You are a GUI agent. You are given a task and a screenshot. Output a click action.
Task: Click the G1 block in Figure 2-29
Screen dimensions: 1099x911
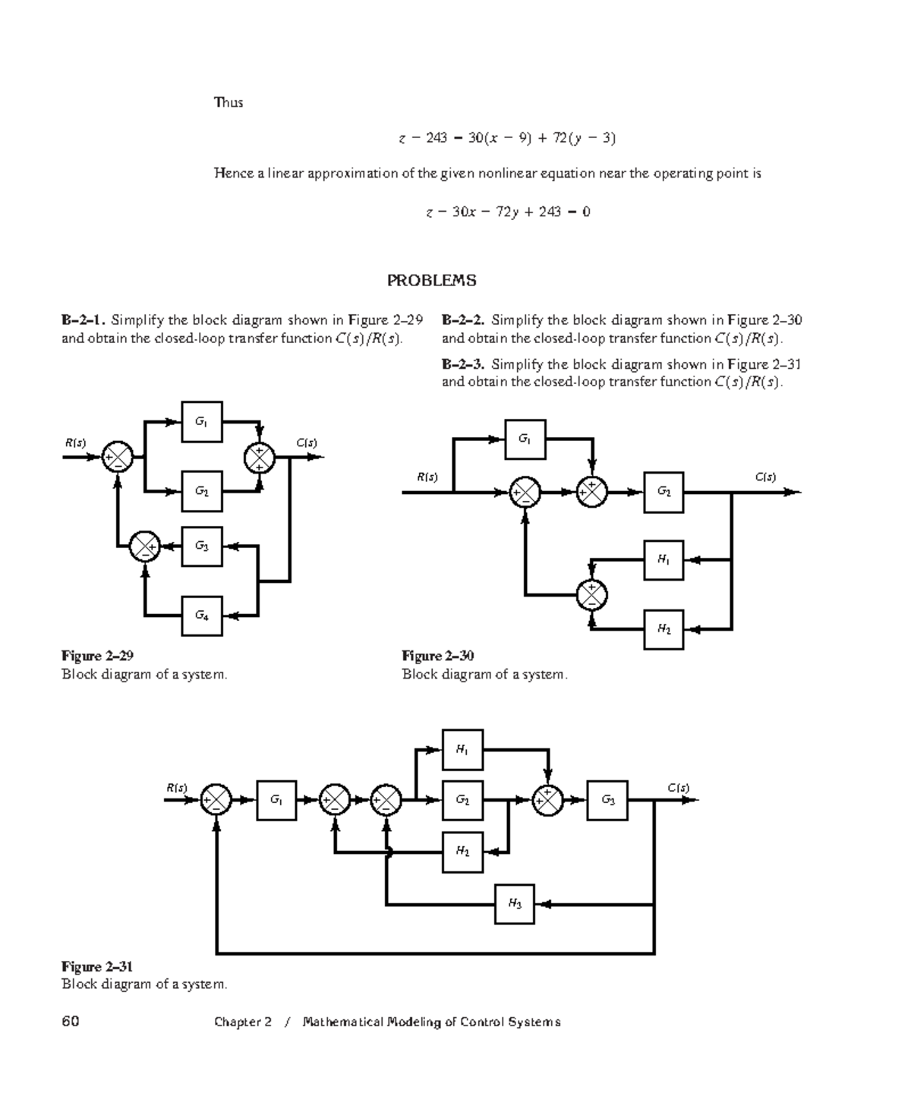pos(202,421)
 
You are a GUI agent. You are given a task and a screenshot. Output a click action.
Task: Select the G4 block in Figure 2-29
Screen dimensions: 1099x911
pos(202,616)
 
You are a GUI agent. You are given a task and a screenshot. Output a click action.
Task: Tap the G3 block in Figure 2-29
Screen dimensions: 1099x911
pos(202,546)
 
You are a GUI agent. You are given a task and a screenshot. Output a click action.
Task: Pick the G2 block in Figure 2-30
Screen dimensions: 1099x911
pos(664,492)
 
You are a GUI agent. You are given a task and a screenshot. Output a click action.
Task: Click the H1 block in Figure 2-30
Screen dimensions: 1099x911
pos(664,560)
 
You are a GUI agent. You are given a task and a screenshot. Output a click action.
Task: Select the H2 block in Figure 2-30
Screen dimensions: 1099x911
pos(664,629)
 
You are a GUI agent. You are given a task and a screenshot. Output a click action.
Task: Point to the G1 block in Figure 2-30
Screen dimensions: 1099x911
pos(525,439)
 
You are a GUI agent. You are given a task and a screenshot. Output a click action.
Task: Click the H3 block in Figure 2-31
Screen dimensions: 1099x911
pos(515,904)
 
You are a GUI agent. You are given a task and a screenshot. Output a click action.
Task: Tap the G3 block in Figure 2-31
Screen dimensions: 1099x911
pos(607,800)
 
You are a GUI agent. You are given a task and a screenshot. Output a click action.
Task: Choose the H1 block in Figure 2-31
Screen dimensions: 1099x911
pos(462,750)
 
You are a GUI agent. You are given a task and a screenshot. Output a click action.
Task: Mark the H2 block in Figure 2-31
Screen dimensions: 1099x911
pos(462,852)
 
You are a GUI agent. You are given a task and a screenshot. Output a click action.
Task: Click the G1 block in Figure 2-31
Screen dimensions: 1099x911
pos(276,800)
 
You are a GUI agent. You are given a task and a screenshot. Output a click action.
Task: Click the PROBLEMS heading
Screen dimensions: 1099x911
pos(432,281)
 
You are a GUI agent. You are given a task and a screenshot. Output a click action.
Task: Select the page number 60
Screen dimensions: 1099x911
pos(71,1022)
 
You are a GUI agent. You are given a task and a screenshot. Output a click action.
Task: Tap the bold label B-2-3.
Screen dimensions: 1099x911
pos(463,364)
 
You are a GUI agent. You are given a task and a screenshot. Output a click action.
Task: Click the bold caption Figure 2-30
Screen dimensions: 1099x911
pos(438,656)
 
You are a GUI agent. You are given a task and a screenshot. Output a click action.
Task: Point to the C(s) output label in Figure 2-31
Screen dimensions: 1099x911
pos(679,788)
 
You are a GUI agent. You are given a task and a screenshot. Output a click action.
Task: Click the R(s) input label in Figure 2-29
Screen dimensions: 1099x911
pos(75,442)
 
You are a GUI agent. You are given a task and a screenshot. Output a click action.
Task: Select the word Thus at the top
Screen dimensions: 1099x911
pos(229,102)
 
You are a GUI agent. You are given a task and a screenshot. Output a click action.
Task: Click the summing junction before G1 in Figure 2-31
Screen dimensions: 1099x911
pos(216,800)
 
